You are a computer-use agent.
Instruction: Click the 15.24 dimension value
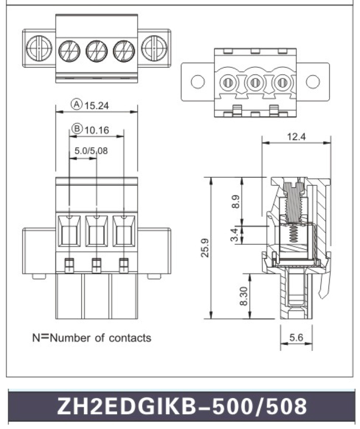tap(97, 105)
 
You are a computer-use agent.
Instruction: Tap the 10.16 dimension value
tap(97, 130)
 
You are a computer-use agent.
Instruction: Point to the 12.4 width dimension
tap(296, 137)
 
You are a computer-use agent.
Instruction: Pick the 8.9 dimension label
tap(235, 201)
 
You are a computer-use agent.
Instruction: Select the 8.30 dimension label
tap(243, 296)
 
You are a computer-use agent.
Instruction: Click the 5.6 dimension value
tap(296, 338)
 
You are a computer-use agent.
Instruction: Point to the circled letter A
tap(77, 104)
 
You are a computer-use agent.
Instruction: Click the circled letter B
tap(77, 130)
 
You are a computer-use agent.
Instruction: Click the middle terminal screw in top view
tap(96, 50)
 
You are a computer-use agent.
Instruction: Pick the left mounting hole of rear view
tap(198, 82)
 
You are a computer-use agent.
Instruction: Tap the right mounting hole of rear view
tap(313, 82)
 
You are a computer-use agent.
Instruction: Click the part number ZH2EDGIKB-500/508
tap(182, 406)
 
